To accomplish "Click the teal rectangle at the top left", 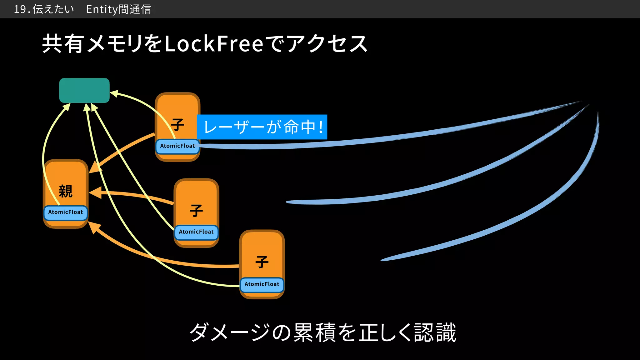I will coord(84,90).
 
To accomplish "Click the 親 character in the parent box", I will coord(66,191).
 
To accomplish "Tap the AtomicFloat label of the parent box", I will coord(66,212).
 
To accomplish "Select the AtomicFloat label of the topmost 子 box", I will coord(177,146).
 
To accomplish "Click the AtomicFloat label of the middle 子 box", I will coord(196,232).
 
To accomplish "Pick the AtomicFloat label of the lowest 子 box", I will coord(262,284).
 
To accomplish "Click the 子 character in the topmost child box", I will coord(177,125).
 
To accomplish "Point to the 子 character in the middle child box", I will coord(196,211).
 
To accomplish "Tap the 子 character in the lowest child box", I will coord(262,262).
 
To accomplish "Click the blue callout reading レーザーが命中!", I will coord(262,127).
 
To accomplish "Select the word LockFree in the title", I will coord(214,44).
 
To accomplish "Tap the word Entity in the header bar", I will coord(102,9).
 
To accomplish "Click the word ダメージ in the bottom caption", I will coord(230,332).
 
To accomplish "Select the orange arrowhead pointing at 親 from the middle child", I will coord(94,193).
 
